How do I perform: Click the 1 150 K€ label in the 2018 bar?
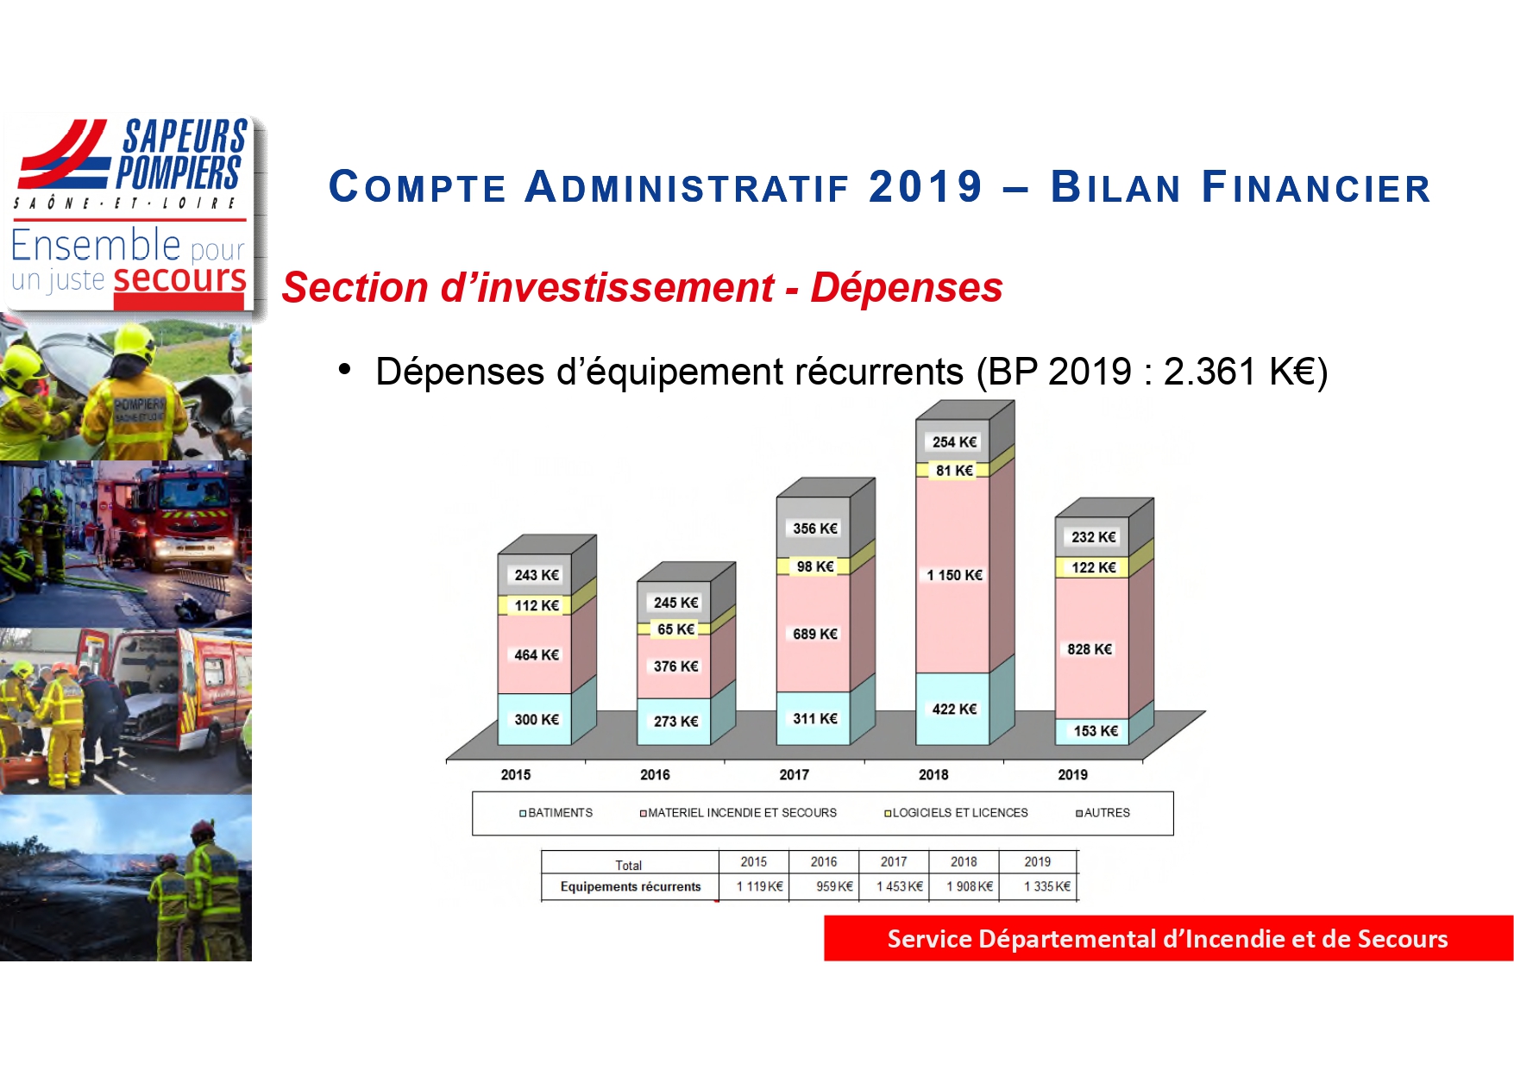[x=954, y=575]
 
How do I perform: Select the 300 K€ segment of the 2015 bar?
[x=535, y=719]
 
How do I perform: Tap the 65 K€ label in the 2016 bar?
[x=675, y=629]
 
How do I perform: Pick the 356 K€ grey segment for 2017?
[x=814, y=528]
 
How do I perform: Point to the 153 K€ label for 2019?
[x=1096, y=731]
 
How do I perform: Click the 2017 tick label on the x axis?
[x=794, y=774]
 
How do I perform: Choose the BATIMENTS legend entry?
[x=556, y=812]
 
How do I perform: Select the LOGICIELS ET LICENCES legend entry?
[x=956, y=812]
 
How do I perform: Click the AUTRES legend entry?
[x=1103, y=812]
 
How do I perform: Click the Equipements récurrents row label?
[x=631, y=886]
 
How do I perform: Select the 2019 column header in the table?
[x=1038, y=861]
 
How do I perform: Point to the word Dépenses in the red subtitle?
[x=907, y=287]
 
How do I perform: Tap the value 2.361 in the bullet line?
[x=1209, y=372]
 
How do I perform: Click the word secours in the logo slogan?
[x=179, y=278]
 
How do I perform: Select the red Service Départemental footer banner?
[x=1168, y=938]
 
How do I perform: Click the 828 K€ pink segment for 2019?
[x=1091, y=648]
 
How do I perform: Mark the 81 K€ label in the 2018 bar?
[x=954, y=471]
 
